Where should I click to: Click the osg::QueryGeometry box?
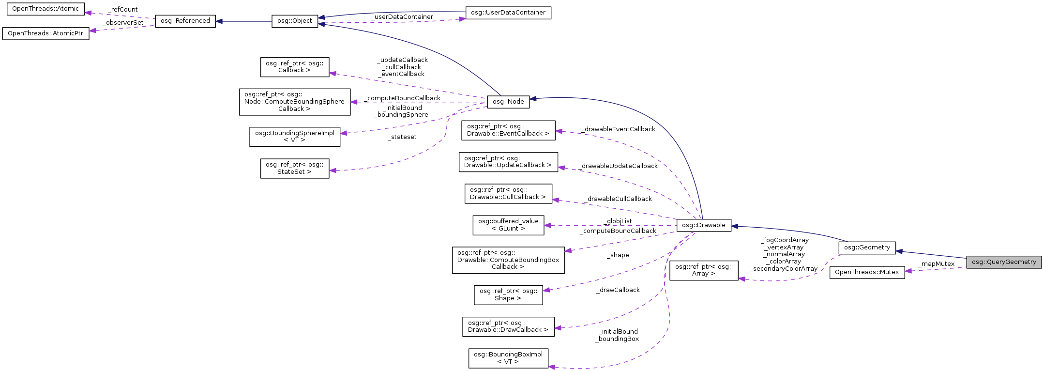[x=1004, y=262]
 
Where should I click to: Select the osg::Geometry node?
[x=867, y=247]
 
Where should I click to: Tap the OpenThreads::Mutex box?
[x=867, y=272]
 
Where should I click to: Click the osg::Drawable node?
[x=703, y=225]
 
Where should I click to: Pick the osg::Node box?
[x=508, y=102]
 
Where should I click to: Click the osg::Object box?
[x=295, y=21]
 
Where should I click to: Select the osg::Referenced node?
[x=185, y=21]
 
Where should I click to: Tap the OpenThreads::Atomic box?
[x=45, y=9]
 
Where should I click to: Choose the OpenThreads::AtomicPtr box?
[x=45, y=33]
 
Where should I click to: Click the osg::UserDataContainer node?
[x=508, y=13]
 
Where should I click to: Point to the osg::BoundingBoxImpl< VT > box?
[x=508, y=358]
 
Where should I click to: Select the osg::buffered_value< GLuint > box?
[x=508, y=225]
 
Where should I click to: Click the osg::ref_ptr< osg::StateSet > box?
[x=295, y=168]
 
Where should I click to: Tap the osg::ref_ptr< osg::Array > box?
[x=703, y=270]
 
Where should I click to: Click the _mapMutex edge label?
[x=936, y=264]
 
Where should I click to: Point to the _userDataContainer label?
[x=402, y=17]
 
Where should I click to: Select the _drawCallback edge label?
[x=618, y=290]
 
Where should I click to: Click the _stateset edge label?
[x=402, y=137]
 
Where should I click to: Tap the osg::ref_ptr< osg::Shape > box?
[x=508, y=294]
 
